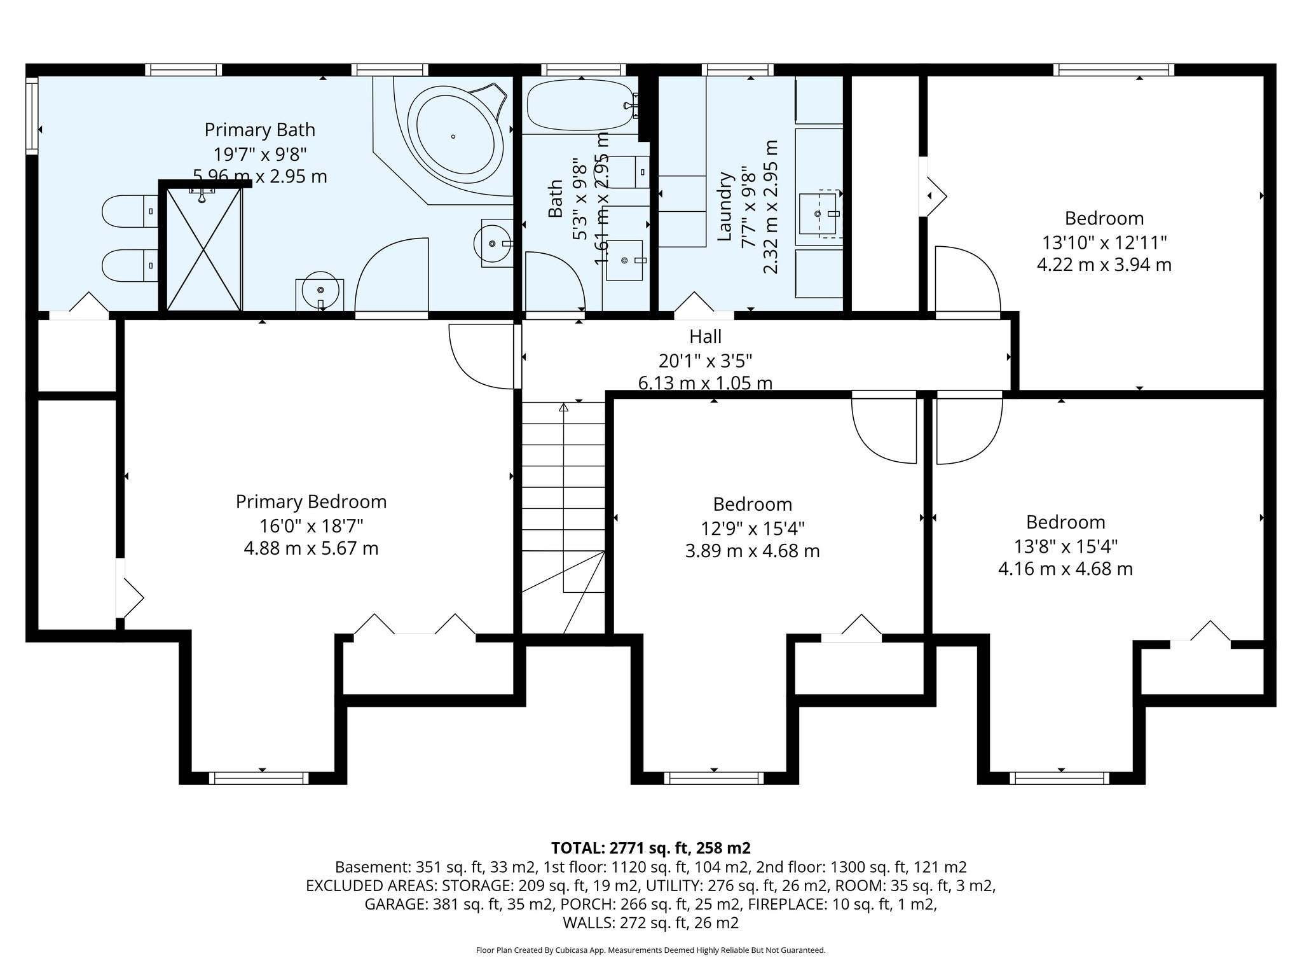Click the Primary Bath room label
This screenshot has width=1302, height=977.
(259, 130)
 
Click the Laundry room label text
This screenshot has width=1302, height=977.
(725, 207)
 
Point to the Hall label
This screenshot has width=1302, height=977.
(705, 336)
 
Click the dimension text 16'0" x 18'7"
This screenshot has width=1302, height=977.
(311, 525)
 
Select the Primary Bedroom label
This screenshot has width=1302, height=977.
(311, 502)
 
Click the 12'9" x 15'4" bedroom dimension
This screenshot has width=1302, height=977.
(752, 529)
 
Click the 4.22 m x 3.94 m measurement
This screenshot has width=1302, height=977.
(1104, 265)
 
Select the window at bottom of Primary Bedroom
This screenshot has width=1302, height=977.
(259, 777)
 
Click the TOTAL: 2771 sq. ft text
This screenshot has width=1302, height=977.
(651, 848)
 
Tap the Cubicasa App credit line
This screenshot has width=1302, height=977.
(650, 950)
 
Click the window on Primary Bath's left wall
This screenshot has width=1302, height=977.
(32, 115)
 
